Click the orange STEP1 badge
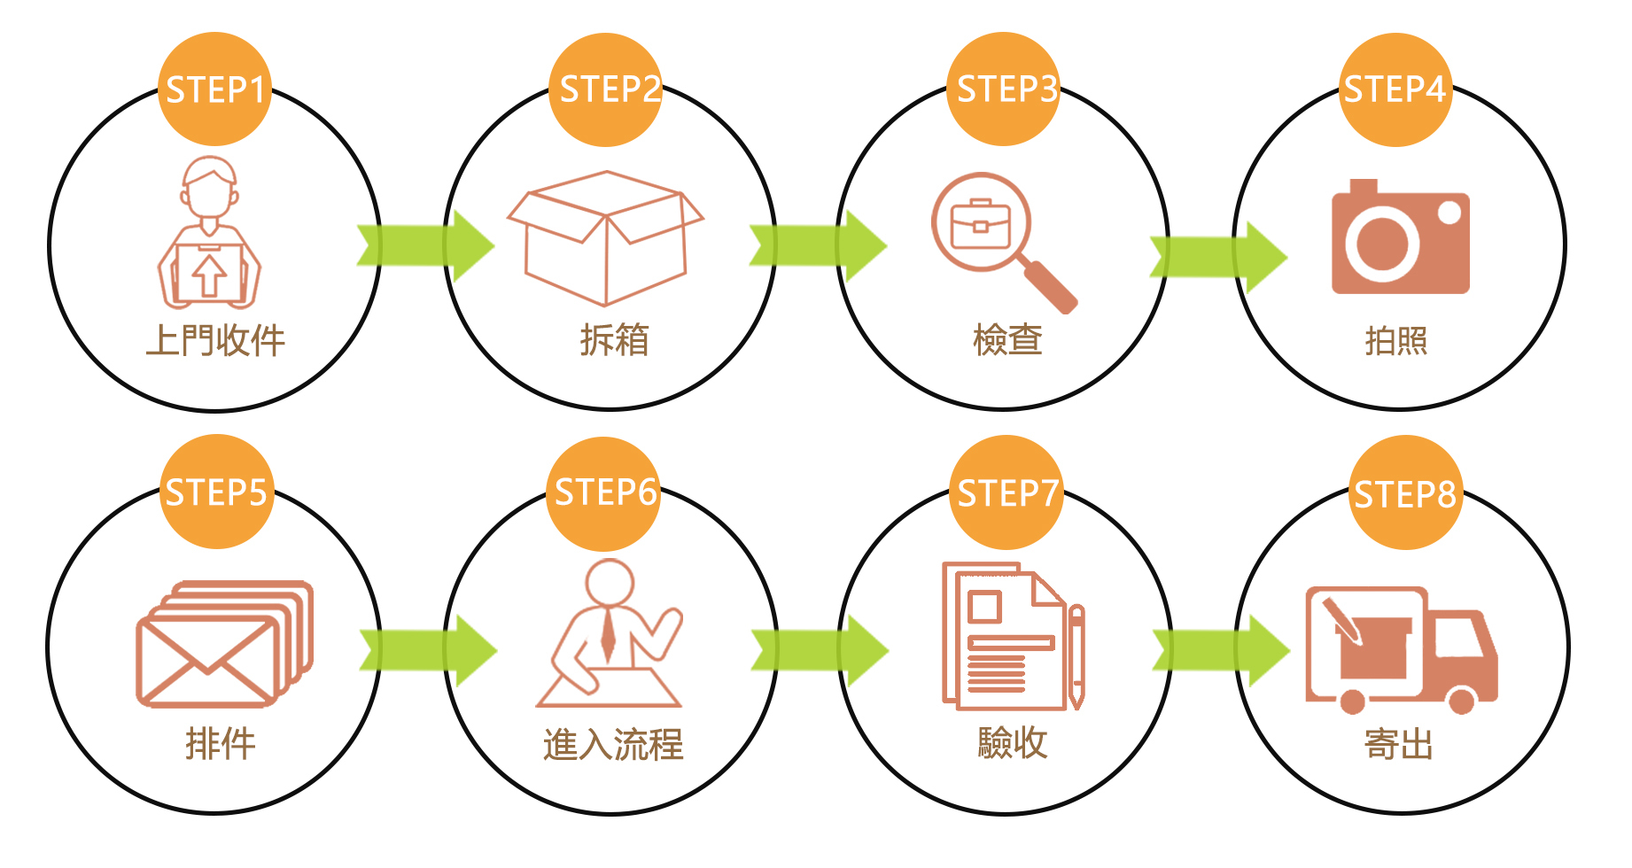[x=214, y=89]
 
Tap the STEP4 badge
[x=1395, y=89]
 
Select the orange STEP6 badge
[x=605, y=492]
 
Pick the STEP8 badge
[x=1405, y=492]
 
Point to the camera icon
[x=1400, y=239]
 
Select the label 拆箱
[x=615, y=340]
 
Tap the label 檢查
[x=1007, y=340]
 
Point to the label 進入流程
[x=613, y=745]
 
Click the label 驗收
[x=1012, y=743]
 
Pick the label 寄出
[x=1399, y=745]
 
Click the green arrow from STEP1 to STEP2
[x=425, y=245]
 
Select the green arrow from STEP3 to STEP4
[x=1218, y=257]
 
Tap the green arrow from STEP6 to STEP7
[x=820, y=650]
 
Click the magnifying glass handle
[x=1051, y=285]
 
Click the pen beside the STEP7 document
[x=1076, y=655]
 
